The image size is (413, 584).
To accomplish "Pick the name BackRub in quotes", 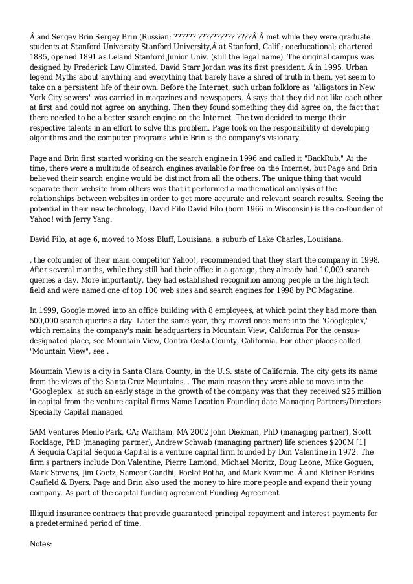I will coord(320,158).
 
